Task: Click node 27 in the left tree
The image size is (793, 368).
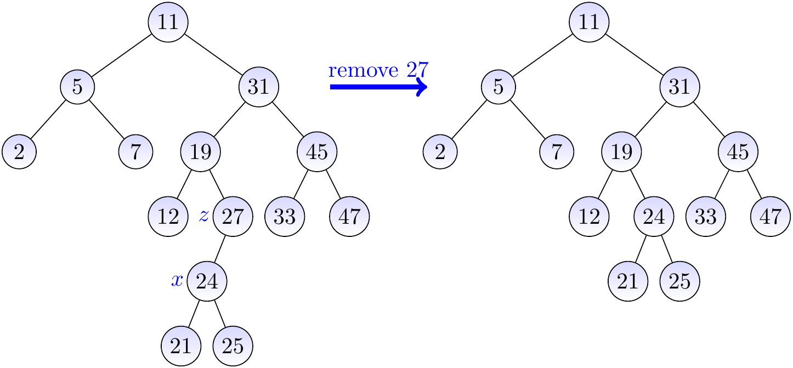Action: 233,217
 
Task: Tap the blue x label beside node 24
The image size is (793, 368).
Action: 177,281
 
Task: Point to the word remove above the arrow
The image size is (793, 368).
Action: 363,70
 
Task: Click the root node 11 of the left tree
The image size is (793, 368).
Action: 168,22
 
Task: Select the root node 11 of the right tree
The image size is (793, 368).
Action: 589,22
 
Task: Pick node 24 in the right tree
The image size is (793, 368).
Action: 654,217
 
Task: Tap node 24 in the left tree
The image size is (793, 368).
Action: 207,281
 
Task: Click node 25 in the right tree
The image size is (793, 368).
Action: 680,281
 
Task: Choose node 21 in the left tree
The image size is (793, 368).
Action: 181,346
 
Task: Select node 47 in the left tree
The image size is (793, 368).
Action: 349,217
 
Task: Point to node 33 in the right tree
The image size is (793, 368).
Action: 705,217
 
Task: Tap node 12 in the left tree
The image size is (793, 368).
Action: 168,217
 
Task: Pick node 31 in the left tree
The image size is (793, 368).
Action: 259,87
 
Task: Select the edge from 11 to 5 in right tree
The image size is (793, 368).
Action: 543,54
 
